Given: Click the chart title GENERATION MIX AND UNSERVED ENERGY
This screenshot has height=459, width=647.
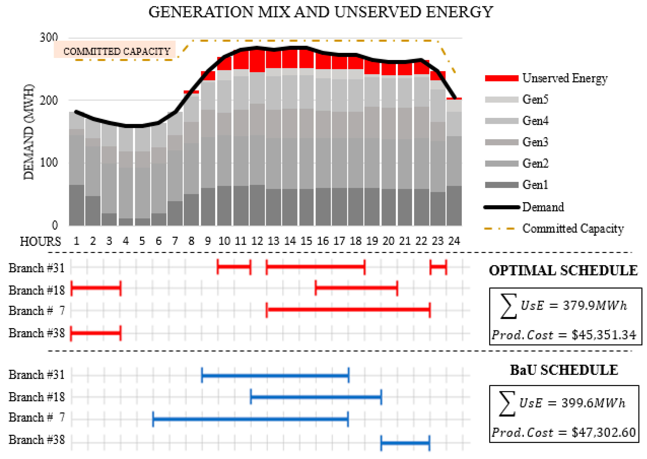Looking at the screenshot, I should [321, 12].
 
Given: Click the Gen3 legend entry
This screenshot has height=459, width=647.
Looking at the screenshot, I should [535, 142].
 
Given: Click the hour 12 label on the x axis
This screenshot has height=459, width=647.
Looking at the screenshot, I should [257, 241].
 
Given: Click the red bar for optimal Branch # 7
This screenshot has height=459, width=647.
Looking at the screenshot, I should [348, 309].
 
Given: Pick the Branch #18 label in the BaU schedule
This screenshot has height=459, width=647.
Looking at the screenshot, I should [37, 397].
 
